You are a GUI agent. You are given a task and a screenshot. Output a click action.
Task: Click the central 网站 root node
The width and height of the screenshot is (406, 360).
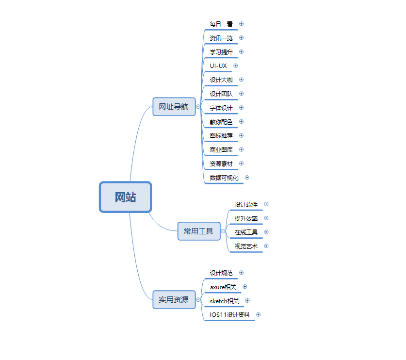click(x=125, y=197)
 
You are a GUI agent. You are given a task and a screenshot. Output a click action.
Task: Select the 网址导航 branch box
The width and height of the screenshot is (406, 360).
click(x=174, y=106)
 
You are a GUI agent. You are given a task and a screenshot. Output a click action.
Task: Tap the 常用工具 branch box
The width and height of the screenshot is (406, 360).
click(x=199, y=231)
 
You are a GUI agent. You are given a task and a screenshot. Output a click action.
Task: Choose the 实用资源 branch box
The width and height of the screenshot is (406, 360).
click(x=174, y=300)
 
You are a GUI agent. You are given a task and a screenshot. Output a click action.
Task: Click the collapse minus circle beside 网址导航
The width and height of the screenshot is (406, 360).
click(x=198, y=107)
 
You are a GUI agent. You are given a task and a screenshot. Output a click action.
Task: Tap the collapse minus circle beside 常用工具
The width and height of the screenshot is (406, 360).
click(x=223, y=231)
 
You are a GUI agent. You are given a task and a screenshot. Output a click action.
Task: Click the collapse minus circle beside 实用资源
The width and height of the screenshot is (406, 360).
click(x=198, y=300)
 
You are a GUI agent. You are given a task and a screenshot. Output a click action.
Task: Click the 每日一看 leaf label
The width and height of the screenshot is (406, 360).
click(x=221, y=24)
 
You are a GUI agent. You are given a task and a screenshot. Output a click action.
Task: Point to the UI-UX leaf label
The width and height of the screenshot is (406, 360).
click(x=218, y=66)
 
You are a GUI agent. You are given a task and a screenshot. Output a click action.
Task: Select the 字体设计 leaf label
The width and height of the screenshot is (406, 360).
click(x=221, y=108)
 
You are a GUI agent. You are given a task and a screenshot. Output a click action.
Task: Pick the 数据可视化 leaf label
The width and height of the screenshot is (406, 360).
click(x=224, y=178)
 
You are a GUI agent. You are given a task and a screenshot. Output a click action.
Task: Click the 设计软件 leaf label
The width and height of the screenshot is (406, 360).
click(x=246, y=205)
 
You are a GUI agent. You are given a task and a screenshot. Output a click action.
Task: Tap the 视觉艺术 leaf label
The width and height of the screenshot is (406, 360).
click(x=246, y=246)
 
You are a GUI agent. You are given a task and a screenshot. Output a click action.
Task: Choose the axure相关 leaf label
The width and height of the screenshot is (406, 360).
click(x=223, y=287)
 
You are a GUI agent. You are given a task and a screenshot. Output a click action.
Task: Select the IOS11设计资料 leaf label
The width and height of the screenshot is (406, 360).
click(x=229, y=315)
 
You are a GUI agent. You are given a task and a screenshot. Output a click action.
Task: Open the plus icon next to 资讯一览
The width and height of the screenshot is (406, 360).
click(x=242, y=38)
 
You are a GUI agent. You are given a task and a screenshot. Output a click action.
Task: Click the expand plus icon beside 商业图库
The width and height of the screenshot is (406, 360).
click(x=242, y=149)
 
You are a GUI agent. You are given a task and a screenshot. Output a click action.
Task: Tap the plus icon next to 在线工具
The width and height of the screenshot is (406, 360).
click(x=266, y=232)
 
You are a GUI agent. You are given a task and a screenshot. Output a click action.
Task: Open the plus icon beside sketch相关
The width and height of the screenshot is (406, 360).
click(x=247, y=301)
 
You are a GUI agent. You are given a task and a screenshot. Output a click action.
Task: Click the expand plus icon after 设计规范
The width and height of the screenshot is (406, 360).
click(x=242, y=273)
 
